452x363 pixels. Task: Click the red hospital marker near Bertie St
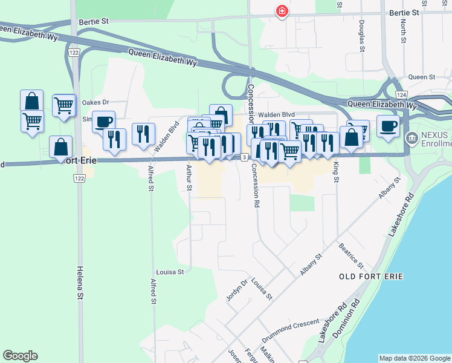click(282, 11)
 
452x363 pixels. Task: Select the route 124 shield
click(401, 96)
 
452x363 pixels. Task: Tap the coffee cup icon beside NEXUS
click(388, 125)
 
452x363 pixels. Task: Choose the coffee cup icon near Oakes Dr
click(103, 120)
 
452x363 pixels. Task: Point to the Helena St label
click(79, 283)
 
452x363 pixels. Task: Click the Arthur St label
click(189, 178)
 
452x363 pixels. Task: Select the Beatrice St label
click(350, 256)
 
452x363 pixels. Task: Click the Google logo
click(21, 356)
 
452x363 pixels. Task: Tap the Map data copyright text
click(414, 358)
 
